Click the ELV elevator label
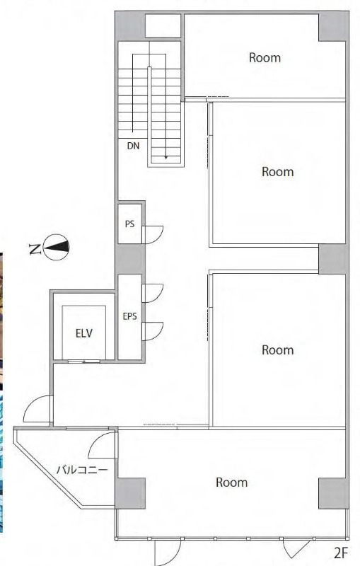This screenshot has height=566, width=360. click(83, 333)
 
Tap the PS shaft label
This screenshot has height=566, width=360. click(130, 224)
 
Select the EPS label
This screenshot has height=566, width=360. click(130, 316)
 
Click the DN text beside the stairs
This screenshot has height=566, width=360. click(133, 146)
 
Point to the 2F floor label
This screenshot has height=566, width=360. click(340, 553)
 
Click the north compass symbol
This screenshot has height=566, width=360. click(56, 247)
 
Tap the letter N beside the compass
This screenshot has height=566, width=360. click(34, 249)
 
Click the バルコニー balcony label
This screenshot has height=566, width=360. click(82, 470)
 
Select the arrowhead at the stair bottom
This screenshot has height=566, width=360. click(166, 157)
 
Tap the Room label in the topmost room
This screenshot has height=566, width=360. click(265, 57)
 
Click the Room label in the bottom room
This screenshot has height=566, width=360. click(231, 483)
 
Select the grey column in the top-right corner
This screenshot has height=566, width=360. click(333, 27)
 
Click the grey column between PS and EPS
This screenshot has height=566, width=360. click(130, 259)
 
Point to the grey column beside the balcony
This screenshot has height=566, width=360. click(130, 493)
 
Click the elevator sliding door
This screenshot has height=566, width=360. click(84, 361)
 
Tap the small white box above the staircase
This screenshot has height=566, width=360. click(163, 25)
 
